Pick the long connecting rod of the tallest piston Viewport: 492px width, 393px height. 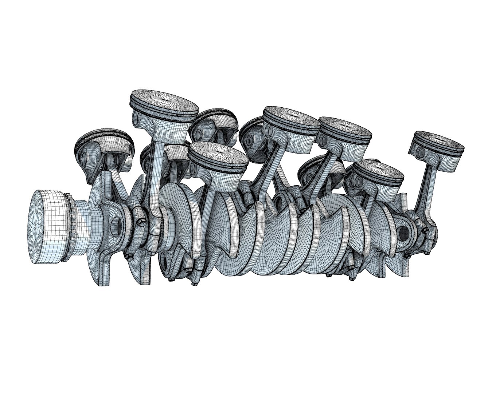(155, 164)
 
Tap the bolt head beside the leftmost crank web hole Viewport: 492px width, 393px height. (140, 221)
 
